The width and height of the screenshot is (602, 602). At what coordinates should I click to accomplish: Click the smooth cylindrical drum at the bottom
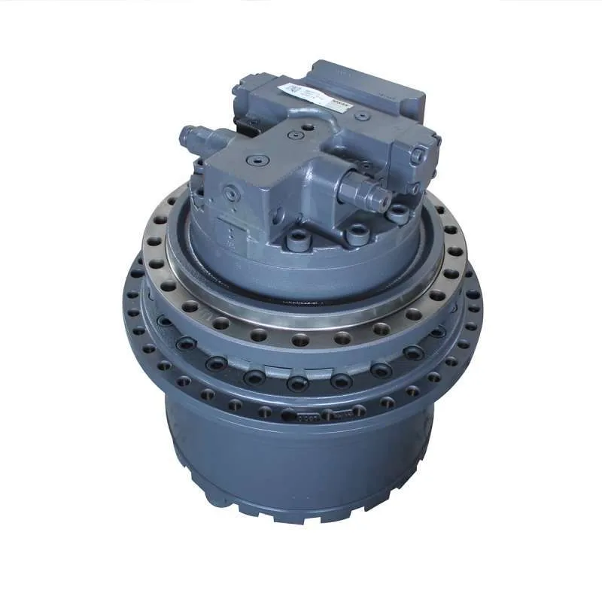[301, 467]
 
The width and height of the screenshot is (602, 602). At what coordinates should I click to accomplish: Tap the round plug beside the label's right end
[362, 117]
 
